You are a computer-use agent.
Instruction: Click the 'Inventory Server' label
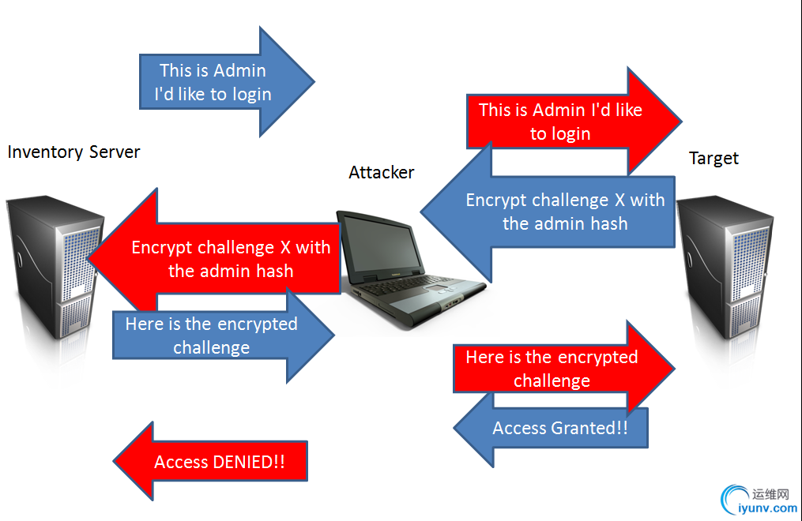point(73,152)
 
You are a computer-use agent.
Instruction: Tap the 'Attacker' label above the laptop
point(381,172)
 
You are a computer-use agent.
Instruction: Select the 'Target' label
point(714,158)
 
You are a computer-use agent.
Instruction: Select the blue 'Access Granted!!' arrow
point(553,429)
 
